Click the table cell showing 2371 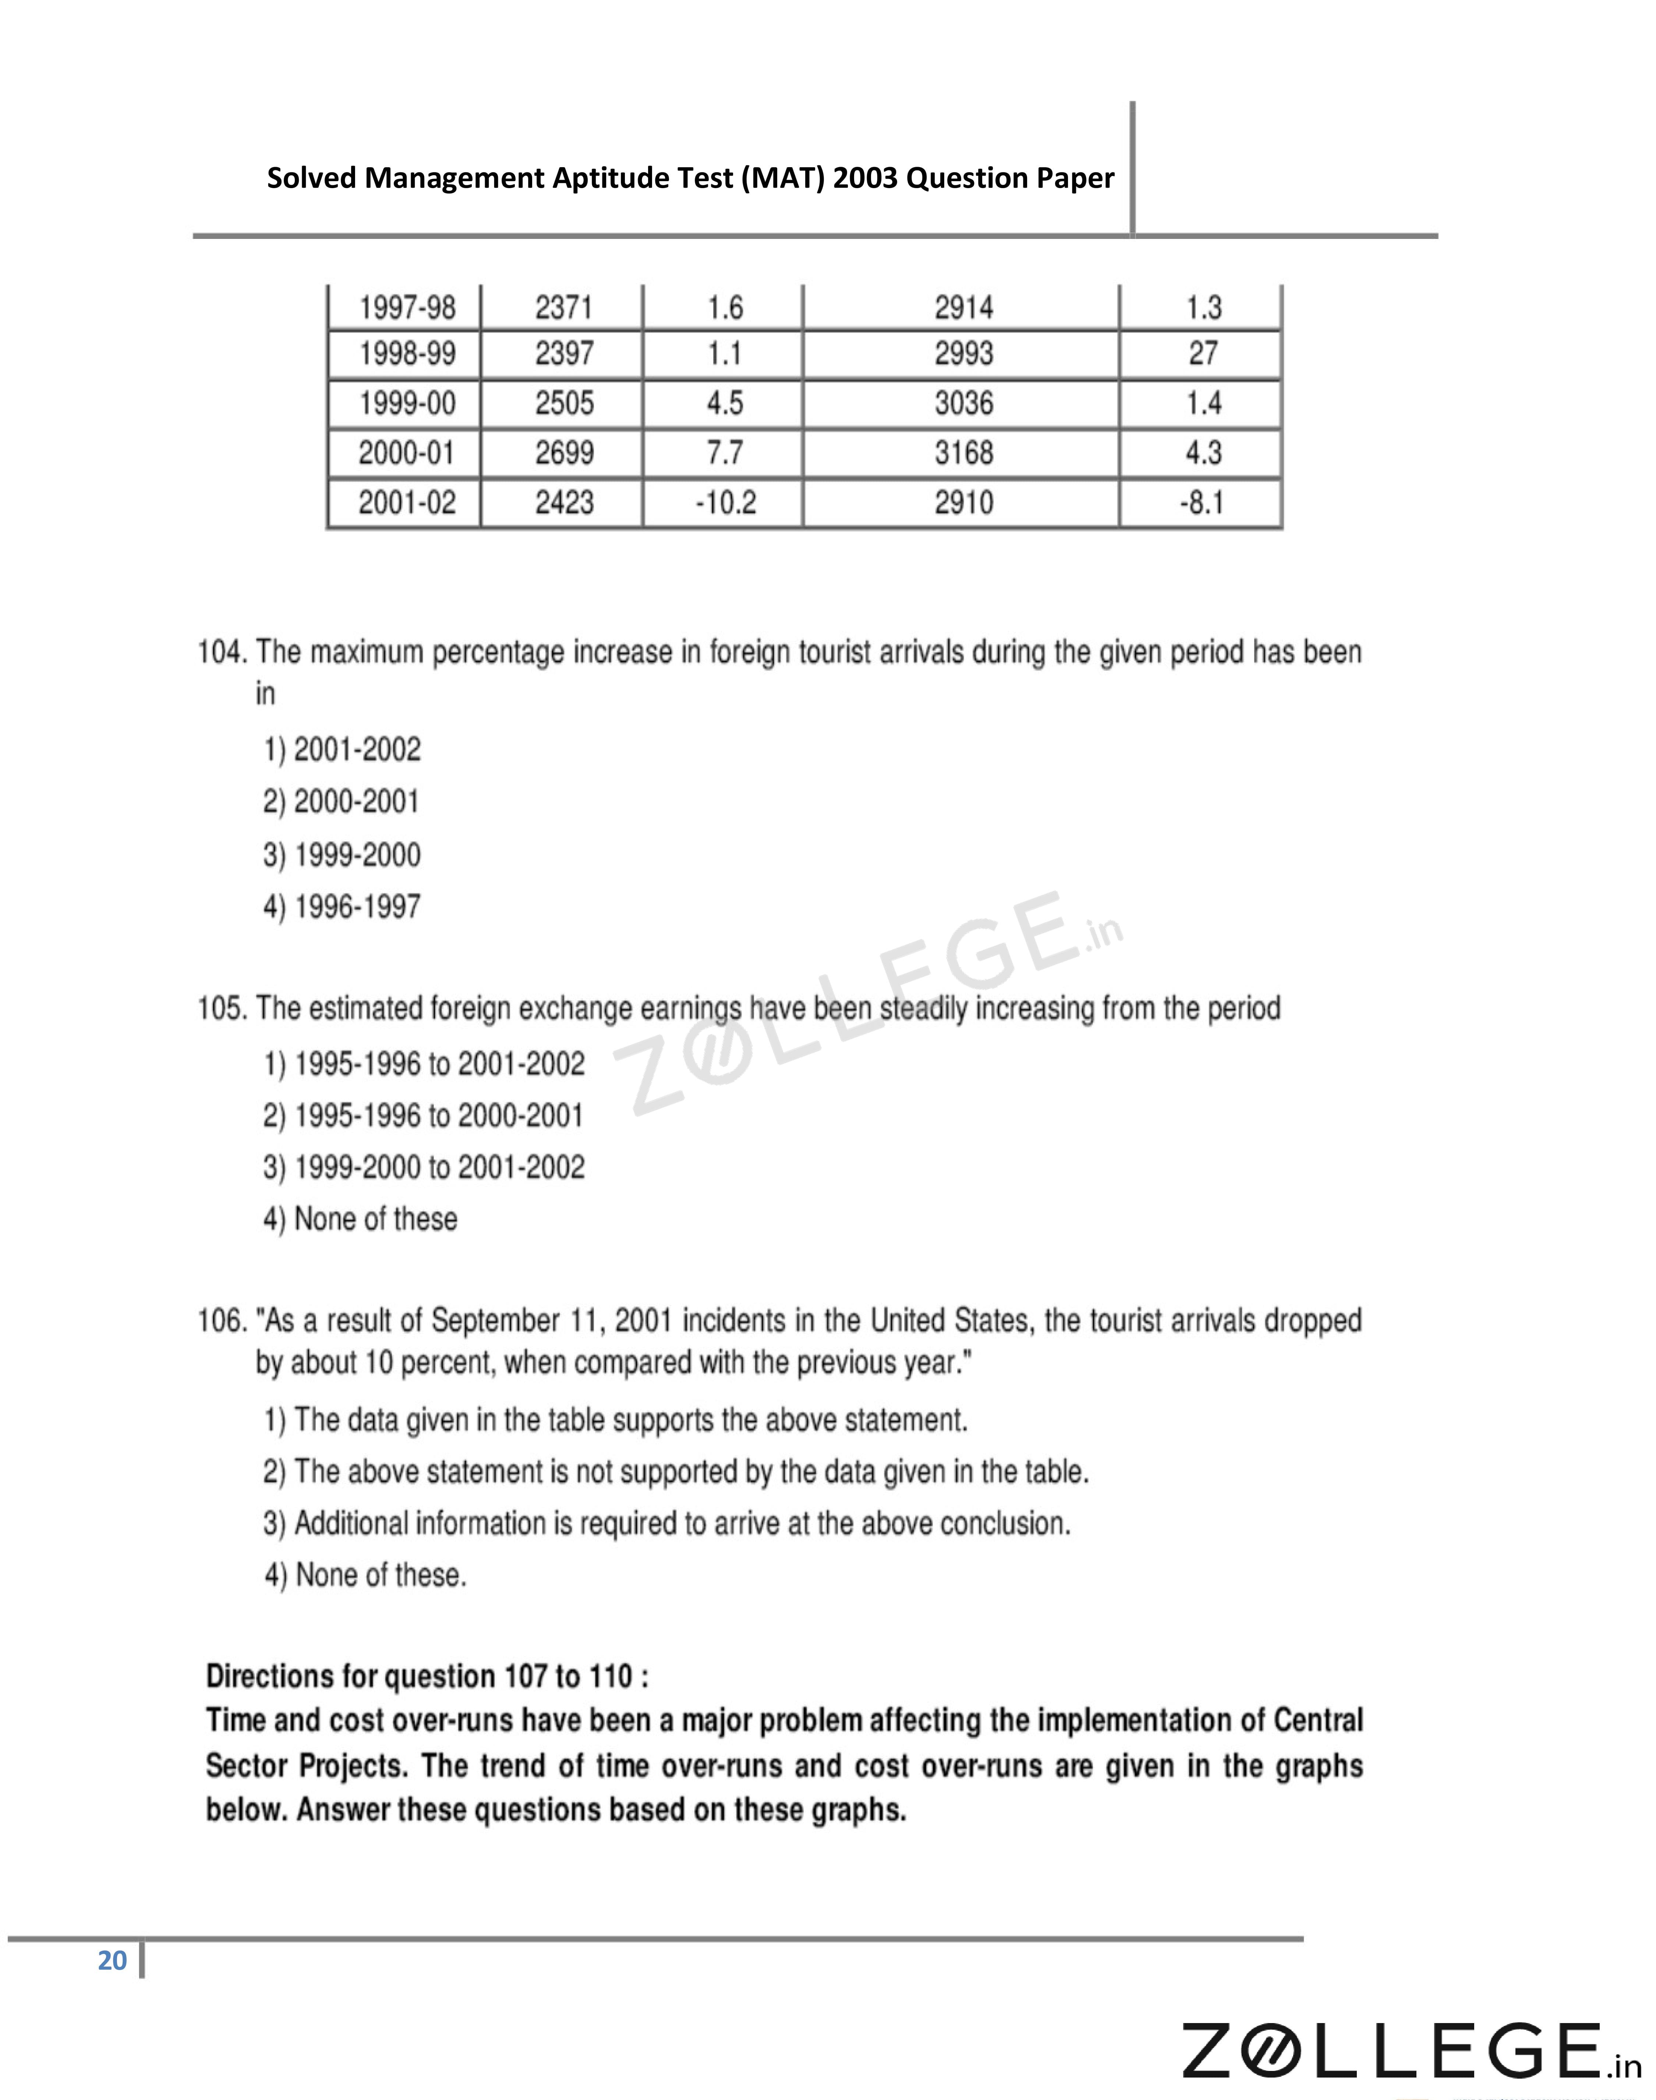(563, 307)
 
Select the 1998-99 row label (407, 354)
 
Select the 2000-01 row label (407, 453)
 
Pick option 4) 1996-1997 (342, 907)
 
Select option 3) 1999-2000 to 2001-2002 (424, 1167)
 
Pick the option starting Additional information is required (666, 1524)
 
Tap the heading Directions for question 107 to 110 (427, 1676)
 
